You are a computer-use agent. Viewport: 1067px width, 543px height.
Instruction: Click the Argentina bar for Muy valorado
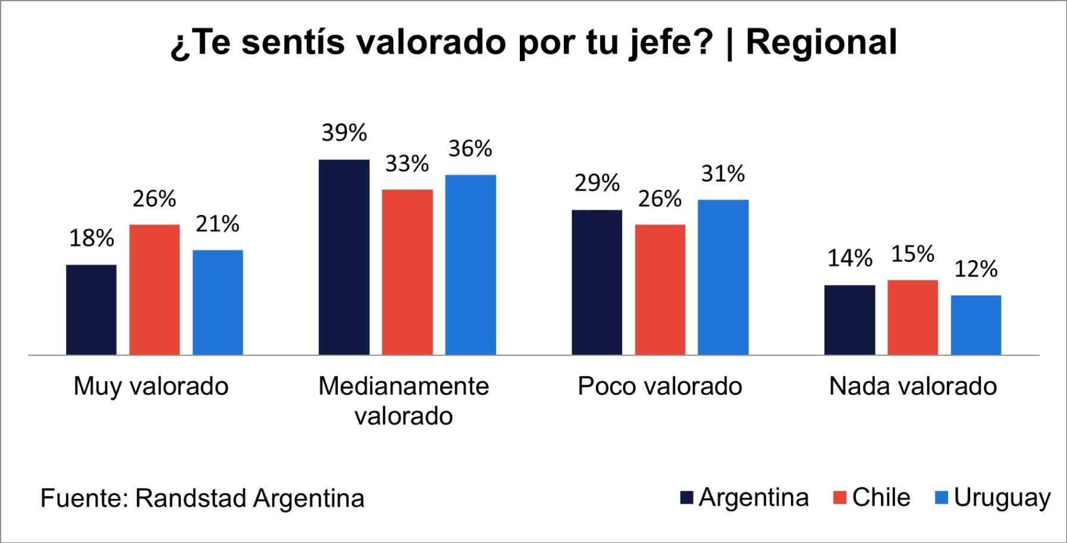pos(91,310)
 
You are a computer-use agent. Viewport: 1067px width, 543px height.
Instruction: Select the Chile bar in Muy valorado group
pos(154,289)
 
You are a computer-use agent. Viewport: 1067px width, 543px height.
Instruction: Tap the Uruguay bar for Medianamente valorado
pos(470,265)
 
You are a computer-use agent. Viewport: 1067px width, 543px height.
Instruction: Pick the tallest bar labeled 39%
pos(344,257)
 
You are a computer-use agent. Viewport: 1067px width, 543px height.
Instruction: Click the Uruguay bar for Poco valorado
pos(723,277)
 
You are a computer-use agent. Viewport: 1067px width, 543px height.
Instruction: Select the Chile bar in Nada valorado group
pos(912,317)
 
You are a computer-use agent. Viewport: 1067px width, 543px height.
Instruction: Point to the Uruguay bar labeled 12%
pos(975,325)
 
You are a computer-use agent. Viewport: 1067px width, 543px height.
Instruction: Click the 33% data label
pos(407,164)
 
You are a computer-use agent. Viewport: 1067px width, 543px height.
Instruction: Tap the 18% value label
pos(91,239)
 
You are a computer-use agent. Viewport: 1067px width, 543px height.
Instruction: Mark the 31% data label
pos(723,174)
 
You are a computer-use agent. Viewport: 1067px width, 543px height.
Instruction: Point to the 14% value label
pos(849,258)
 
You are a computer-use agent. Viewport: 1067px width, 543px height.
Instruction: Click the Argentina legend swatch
pos(687,498)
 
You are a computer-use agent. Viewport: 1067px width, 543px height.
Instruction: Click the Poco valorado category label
pos(660,386)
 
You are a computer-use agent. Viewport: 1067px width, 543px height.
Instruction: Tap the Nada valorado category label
pos(912,386)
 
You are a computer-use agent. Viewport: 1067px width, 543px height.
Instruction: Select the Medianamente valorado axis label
pos(403,401)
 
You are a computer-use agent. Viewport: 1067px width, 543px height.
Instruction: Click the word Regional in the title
pos(821,43)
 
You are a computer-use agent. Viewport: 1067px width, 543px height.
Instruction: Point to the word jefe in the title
pos(671,43)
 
